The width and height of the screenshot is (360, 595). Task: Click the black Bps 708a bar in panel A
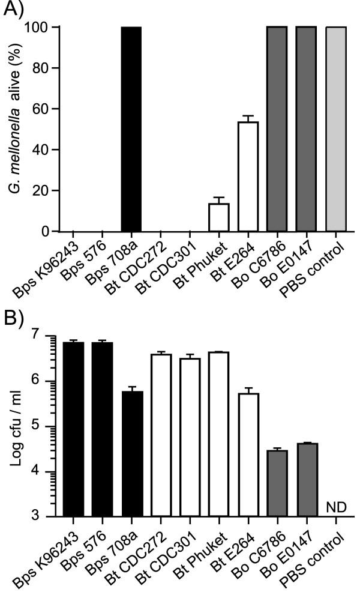[131, 129]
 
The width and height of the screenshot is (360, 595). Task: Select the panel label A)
[16, 12]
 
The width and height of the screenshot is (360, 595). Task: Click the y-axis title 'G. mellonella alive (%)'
[12, 129]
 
